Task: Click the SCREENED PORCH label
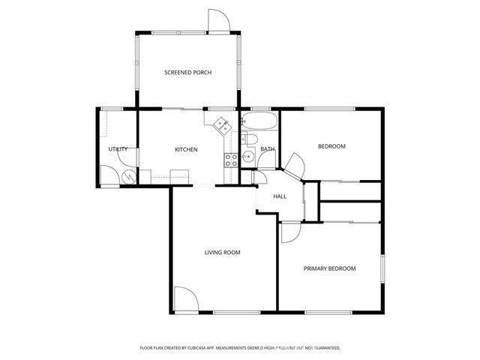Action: [x=187, y=73]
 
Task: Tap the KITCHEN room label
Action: [x=186, y=149]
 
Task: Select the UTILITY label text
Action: [x=118, y=149]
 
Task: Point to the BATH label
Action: [x=268, y=149]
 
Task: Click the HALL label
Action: [x=280, y=196]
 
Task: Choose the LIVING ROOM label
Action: [x=222, y=253]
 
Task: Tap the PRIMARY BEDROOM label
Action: [x=329, y=268]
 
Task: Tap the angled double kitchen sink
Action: [x=222, y=124]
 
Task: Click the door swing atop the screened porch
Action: [x=218, y=21]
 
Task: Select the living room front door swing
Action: [x=185, y=299]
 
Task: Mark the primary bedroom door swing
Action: [x=289, y=232]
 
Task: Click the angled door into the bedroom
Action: [x=293, y=166]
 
